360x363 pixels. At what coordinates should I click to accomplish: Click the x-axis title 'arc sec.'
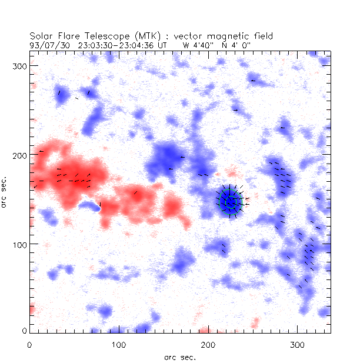(179, 357)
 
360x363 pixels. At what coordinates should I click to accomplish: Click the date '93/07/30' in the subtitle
(46, 44)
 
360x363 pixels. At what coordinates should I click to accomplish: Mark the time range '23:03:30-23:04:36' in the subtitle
(112, 44)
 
